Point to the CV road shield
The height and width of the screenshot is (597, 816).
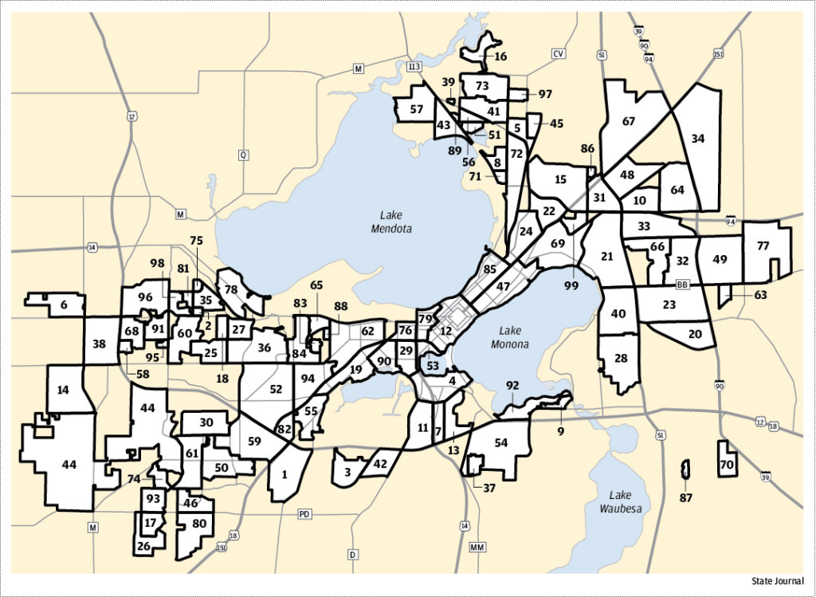[x=558, y=53]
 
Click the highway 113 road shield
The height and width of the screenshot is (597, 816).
[x=414, y=65]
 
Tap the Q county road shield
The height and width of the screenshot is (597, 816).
[x=242, y=155]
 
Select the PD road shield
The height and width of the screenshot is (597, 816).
[x=304, y=514]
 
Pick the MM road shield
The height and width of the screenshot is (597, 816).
[x=477, y=548]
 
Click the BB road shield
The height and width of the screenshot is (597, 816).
[x=681, y=285]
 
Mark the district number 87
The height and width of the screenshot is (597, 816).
[x=686, y=498]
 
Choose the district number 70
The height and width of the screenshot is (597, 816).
[x=726, y=464]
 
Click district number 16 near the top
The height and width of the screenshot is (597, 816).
[x=500, y=57]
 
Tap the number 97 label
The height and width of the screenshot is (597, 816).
[x=545, y=94]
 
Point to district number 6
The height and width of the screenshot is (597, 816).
[x=63, y=304]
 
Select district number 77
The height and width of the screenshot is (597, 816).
[x=763, y=245]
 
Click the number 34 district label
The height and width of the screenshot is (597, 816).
[x=698, y=139]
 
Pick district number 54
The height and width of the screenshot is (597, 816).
[x=500, y=442]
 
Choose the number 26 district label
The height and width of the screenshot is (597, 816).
[x=143, y=547]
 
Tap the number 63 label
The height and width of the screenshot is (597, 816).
[x=761, y=295]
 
